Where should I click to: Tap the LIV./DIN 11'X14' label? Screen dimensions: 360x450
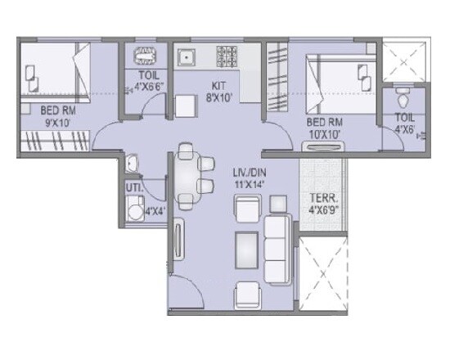tap(243, 179)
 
